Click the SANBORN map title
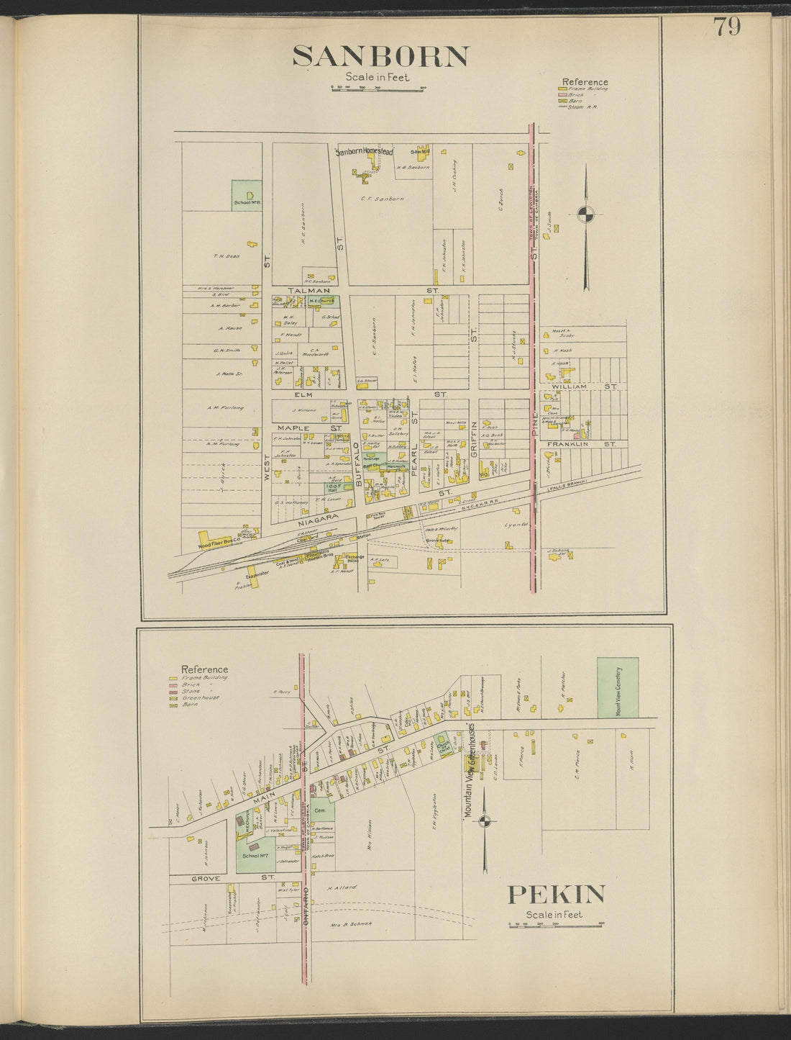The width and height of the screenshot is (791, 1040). pos(381,56)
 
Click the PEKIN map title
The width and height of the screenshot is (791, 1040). pos(557,895)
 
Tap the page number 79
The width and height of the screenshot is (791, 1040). pos(727,27)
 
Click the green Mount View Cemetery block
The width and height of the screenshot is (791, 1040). pos(618,687)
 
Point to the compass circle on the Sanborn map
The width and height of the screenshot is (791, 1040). pos(586,214)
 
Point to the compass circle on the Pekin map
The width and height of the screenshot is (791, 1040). pos(486,821)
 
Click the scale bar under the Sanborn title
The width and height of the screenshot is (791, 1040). pos(378,89)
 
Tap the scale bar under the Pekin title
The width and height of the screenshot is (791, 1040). pos(557,924)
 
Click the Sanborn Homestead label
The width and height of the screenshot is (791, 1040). pos(365,153)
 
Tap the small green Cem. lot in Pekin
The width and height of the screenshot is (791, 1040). pos(322,810)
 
